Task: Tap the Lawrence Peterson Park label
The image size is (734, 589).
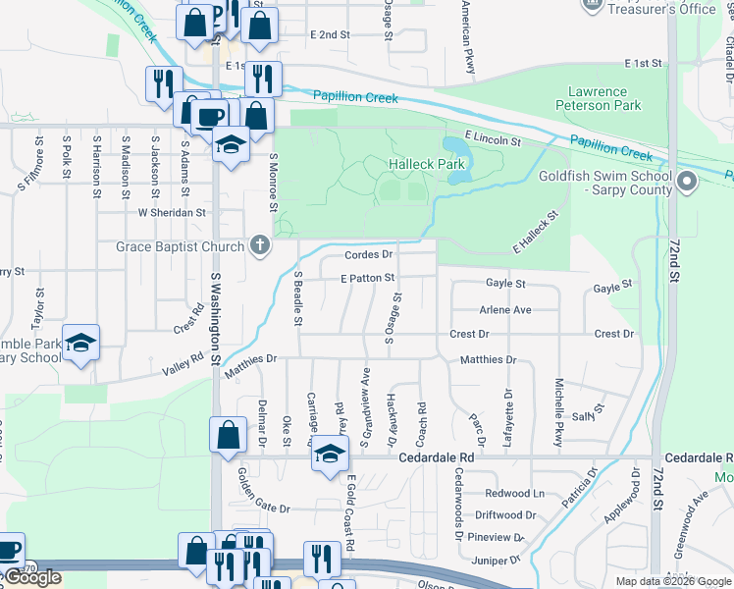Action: tap(598, 98)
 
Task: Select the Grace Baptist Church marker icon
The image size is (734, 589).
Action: tap(259, 245)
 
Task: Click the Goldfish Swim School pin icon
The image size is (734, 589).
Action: tap(687, 182)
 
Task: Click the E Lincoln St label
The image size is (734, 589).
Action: tap(493, 138)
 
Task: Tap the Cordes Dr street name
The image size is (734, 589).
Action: tap(368, 255)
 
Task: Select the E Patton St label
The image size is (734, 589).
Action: tap(367, 279)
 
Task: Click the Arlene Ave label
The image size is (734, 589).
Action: tap(504, 309)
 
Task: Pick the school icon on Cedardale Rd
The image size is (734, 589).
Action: tap(331, 454)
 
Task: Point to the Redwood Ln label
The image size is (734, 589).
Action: tap(511, 493)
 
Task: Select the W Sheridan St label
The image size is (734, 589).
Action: tap(172, 211)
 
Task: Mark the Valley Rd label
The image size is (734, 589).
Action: tap(184, 363)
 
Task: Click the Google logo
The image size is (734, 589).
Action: tap(31, 577)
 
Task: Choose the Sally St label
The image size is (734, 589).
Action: tap(586, 417)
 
